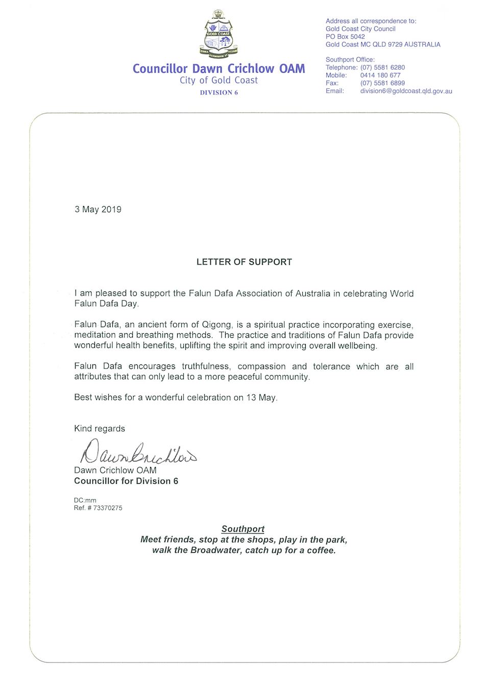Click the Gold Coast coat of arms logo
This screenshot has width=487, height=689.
(x=218, y=34)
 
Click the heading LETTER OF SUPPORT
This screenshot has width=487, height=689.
(x=244, y=262)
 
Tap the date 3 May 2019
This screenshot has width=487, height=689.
(x=98, y=209)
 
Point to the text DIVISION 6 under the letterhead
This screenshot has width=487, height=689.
(x=218, y=92)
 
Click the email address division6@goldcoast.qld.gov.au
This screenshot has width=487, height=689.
(x=406, y=91)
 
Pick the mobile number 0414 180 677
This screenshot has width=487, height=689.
(x=380, y=75)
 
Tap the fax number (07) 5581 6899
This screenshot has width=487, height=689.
(x=382, y=83)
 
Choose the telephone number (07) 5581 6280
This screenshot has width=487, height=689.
(x=382, y=67)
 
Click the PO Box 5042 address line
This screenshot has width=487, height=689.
(x=345, y=37)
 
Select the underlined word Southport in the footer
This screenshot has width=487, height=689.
(x=243, y=529)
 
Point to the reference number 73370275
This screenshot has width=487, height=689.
(x=108, y=508)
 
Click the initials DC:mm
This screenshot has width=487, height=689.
(x=85, y=500)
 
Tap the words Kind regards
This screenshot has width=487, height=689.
(x=100, y=429)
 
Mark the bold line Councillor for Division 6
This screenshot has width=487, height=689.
(x=126, y=481)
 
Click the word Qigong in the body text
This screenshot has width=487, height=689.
(x=216, y=325)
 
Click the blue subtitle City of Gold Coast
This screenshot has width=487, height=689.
(x=218, y=80)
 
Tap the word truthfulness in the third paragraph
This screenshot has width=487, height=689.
(x=206, y=366)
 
